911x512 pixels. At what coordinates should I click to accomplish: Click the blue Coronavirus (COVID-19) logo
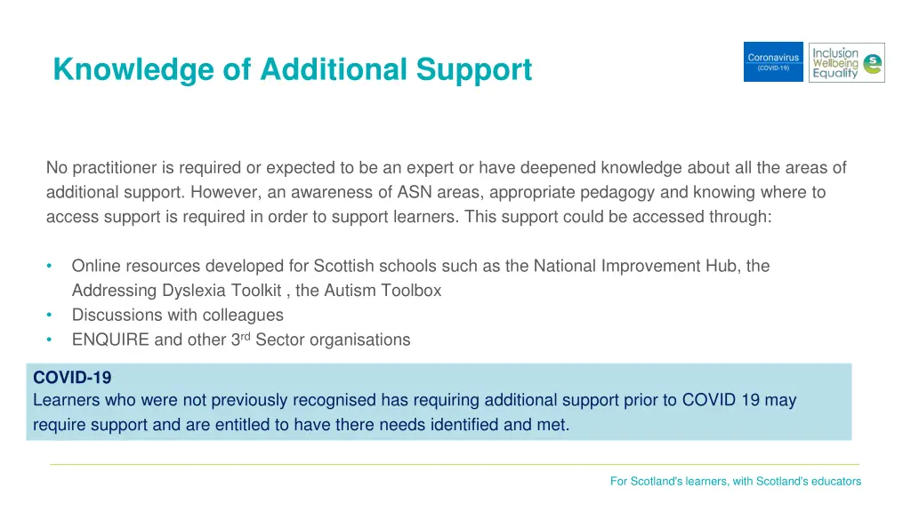(773, 62)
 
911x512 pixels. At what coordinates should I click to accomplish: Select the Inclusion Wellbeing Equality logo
(846, 62)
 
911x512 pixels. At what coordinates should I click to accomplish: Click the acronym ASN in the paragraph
(415, 192)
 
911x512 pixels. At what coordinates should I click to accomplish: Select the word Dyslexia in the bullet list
(192, 290)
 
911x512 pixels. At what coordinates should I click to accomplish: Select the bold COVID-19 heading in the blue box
(72, 378)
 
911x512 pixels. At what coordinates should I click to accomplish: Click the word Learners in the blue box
(65, 400)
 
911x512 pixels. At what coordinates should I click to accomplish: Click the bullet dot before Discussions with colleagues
(50, 315)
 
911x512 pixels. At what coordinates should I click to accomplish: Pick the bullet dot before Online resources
(50, 266)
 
